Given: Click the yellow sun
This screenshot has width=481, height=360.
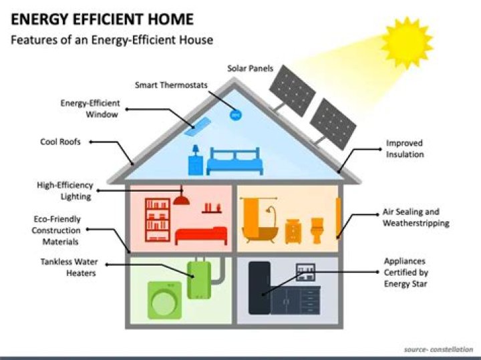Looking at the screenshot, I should (x=407, y=41).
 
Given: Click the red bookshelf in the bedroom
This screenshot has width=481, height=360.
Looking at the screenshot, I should (x=158, y=220).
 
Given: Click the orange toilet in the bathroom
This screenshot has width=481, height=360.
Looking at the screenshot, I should (x=316, y=228).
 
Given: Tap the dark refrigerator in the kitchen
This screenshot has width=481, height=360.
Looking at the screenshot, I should (x=259, y=288).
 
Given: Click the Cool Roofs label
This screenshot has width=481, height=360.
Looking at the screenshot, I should (x=62, y=142).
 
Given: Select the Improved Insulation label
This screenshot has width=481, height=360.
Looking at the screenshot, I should (x=404, y=149).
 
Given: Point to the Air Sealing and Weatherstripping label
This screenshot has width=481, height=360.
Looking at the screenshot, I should (x=415, y=217).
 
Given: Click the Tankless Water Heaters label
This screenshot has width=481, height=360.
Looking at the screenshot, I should (x=68, y=267).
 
